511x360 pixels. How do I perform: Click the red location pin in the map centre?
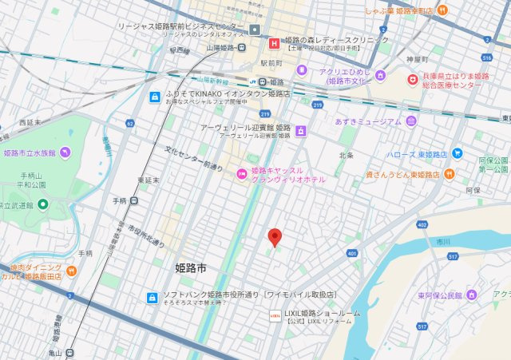click(x=275, y=237)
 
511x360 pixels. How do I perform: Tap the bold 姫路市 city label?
click(x=191, y=269)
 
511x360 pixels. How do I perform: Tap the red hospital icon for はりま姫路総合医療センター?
click(x=413, y=80)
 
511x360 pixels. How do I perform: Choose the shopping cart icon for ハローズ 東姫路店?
click(x=457, y=152)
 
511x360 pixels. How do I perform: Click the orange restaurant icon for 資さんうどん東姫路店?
click(x=450, y=173)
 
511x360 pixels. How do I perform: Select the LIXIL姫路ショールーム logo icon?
click(x=275, y=317)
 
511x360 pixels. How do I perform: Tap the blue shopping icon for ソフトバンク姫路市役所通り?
click(x=152, y=298)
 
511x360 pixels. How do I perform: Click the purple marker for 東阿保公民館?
click(x=471, y=295)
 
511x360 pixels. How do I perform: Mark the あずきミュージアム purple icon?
click(x=410, y=121)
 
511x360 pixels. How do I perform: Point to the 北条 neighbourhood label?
click(x=346, y=155)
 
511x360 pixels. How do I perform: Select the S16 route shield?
click(x=487, y=57)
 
